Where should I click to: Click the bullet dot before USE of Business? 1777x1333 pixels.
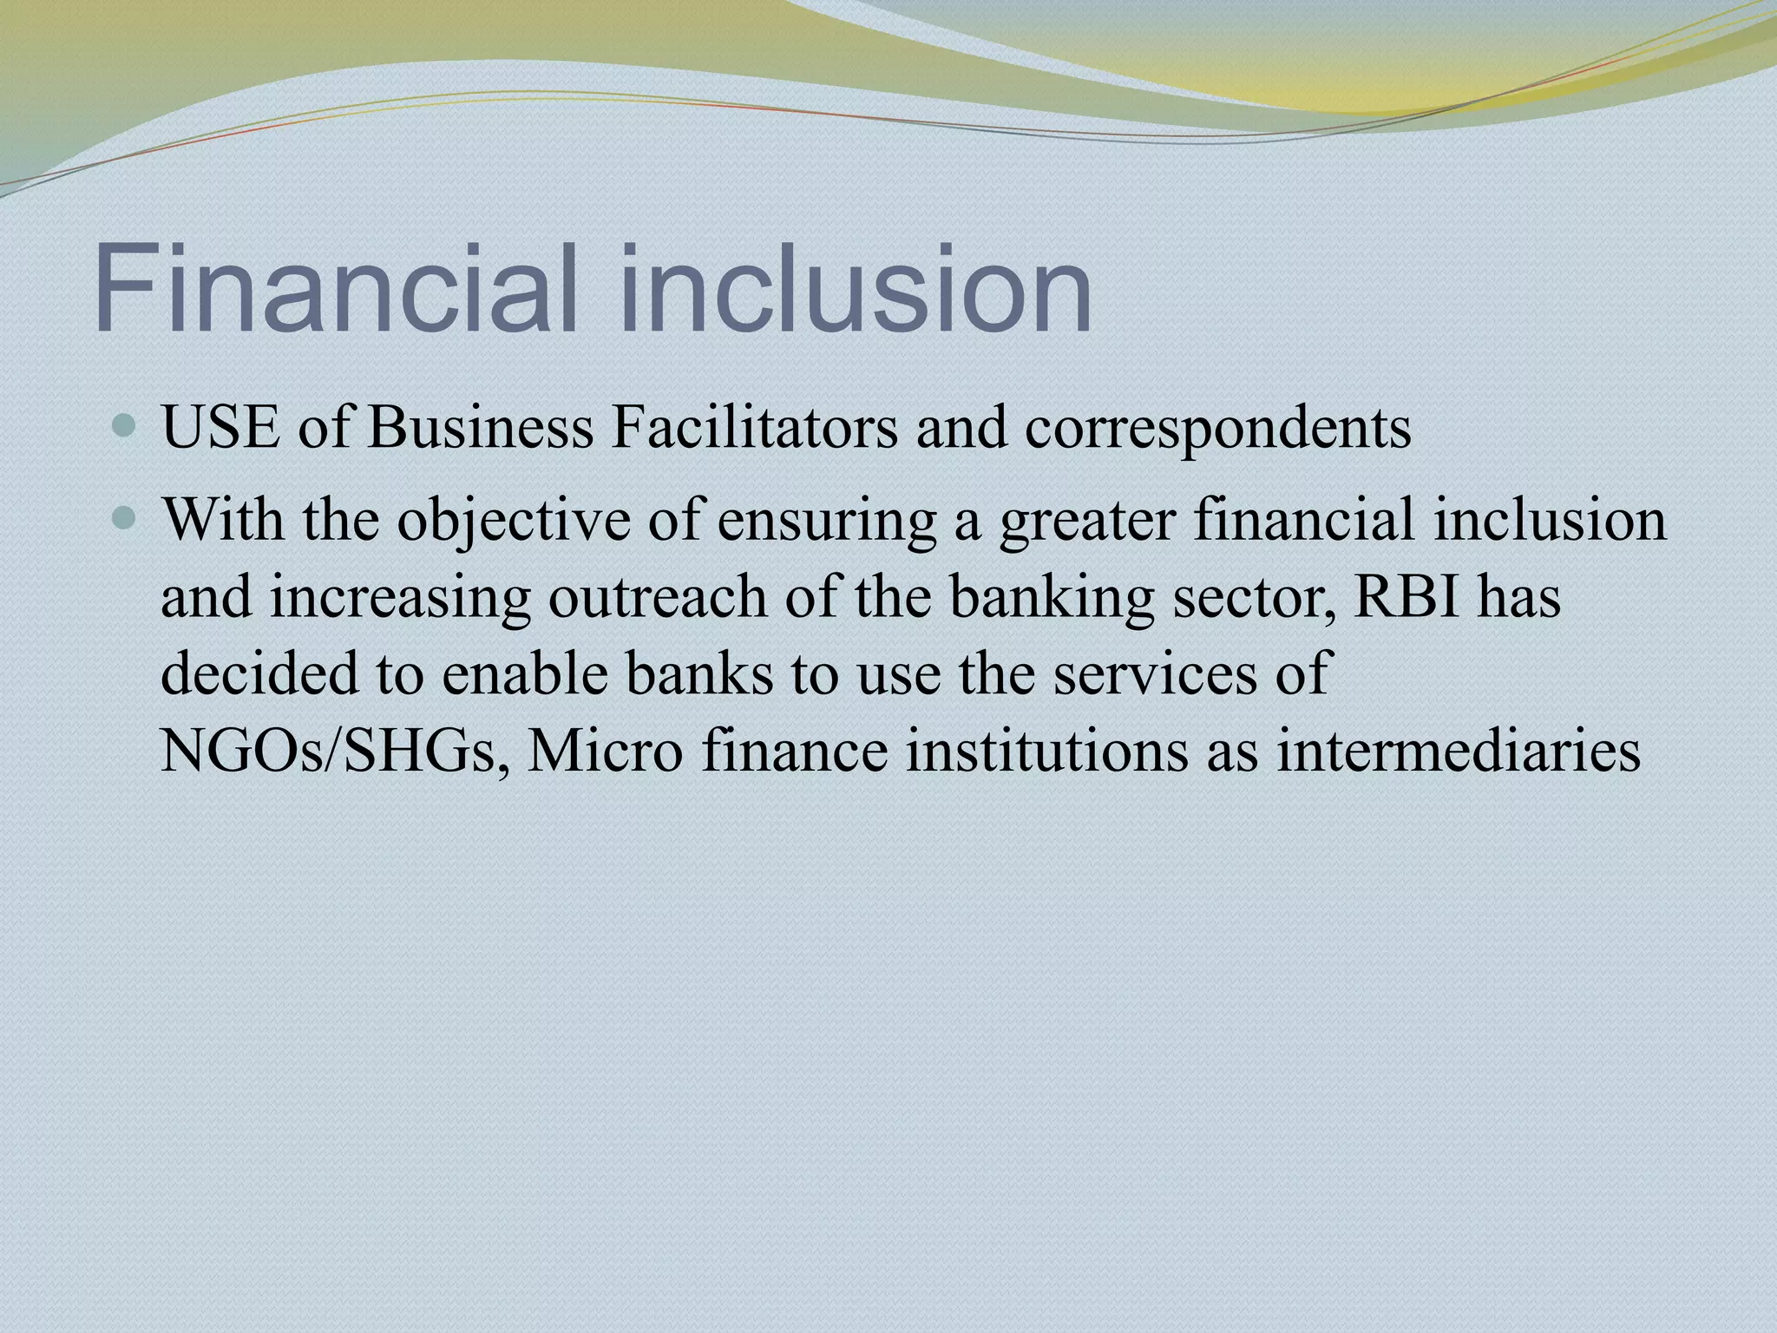(x=126, y=426)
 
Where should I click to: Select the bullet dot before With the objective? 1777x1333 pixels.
(x=126, y=519)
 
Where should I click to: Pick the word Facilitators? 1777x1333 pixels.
(x=754, y=428)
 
